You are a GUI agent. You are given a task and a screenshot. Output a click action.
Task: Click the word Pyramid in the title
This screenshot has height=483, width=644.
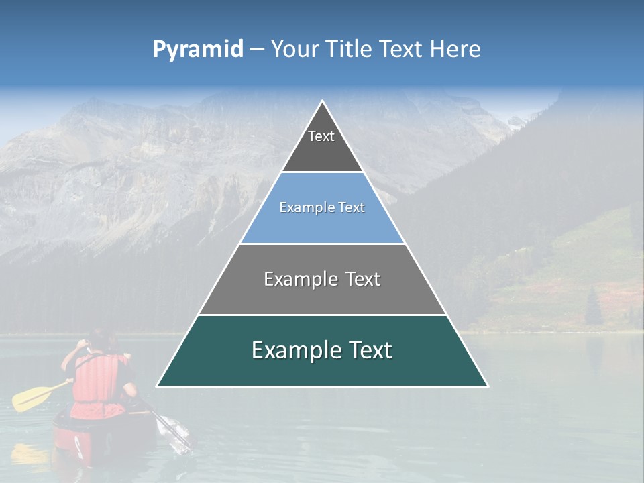198,50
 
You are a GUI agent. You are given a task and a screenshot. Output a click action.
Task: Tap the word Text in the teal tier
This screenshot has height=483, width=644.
368,350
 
